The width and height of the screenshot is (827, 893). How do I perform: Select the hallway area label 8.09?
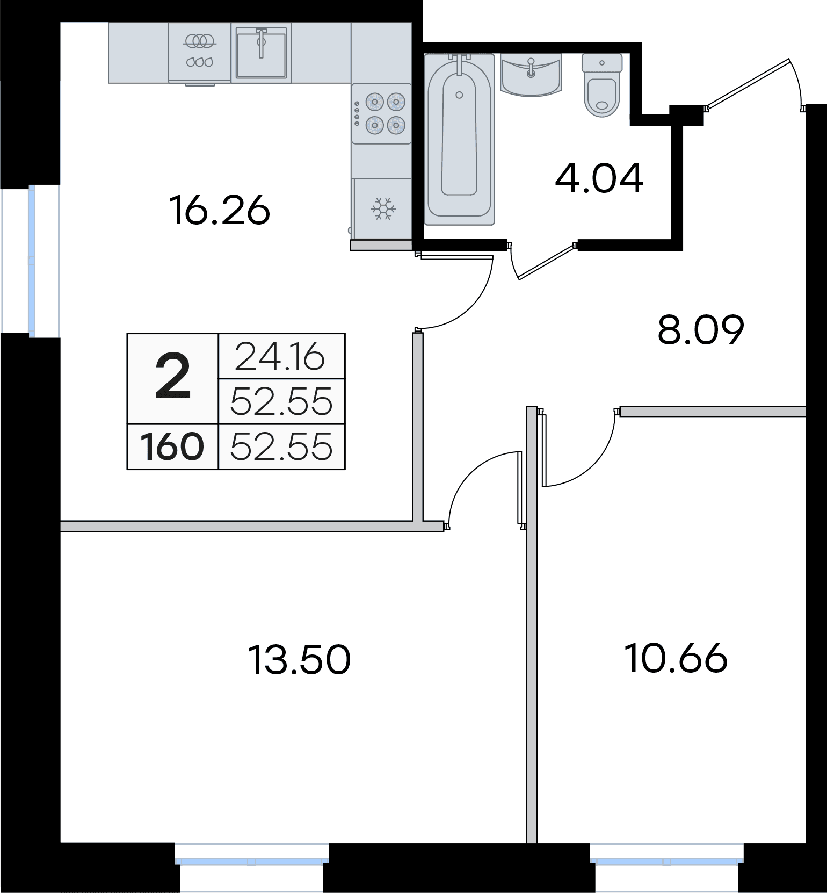coord(701,330)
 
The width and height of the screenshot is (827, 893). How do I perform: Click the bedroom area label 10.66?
coord(677,658)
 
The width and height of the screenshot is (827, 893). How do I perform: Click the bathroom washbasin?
coord(531,75)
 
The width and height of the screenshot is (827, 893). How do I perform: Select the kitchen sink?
coord(262,53)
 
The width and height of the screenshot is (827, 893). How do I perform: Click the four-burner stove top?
coord(382,113)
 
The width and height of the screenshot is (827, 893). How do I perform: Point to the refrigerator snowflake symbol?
coord(383,208)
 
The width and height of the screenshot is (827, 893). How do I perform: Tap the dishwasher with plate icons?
coord(200,53)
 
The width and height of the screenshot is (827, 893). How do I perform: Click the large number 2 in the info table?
coord(173,378)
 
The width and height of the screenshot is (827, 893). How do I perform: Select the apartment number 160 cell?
coord(172,447)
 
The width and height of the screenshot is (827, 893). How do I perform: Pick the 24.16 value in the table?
coord(280,356)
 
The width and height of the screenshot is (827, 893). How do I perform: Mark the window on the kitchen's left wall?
coord(31,261)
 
